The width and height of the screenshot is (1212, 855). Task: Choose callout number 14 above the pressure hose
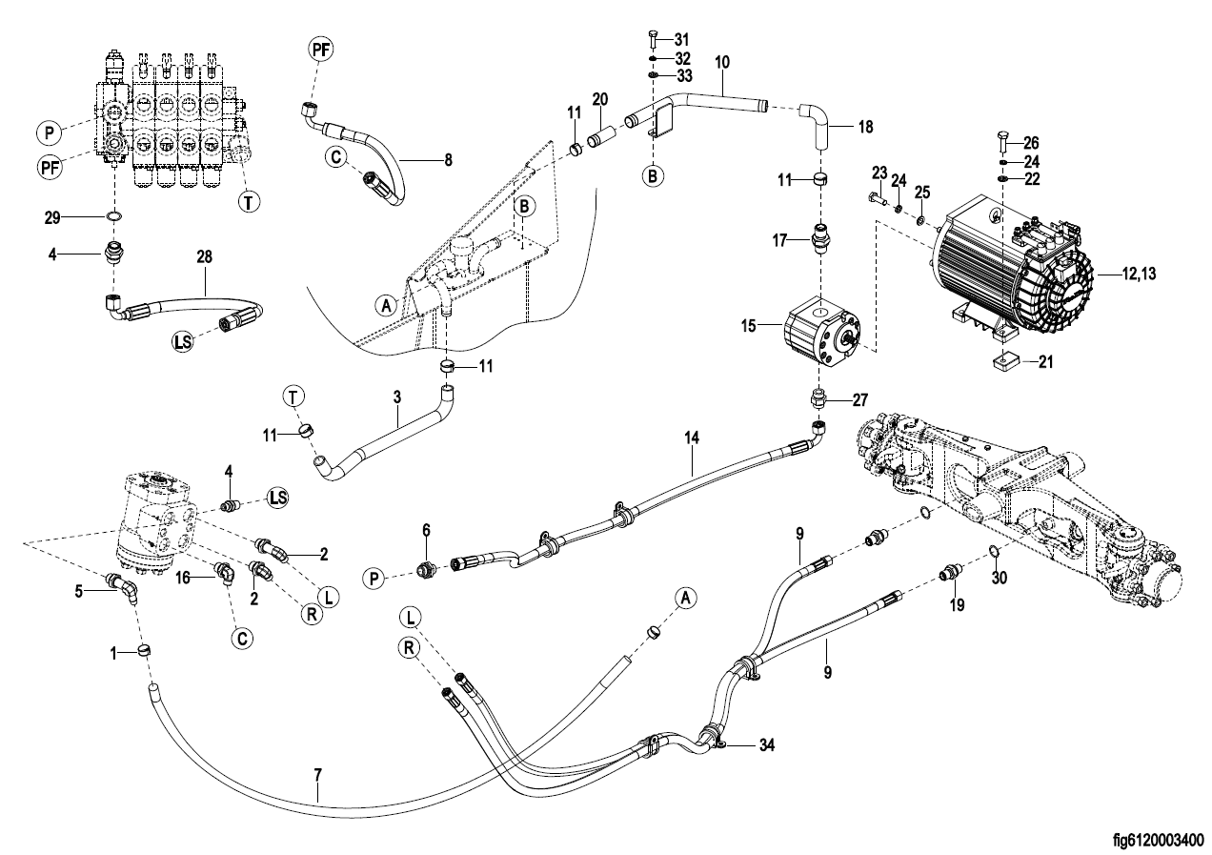[x=692, y=438]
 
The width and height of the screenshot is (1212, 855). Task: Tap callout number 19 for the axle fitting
[x=956, y=603]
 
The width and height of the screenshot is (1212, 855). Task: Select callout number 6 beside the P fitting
[x=426, y=529]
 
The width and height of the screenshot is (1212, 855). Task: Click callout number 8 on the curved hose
[x=448, y=161]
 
